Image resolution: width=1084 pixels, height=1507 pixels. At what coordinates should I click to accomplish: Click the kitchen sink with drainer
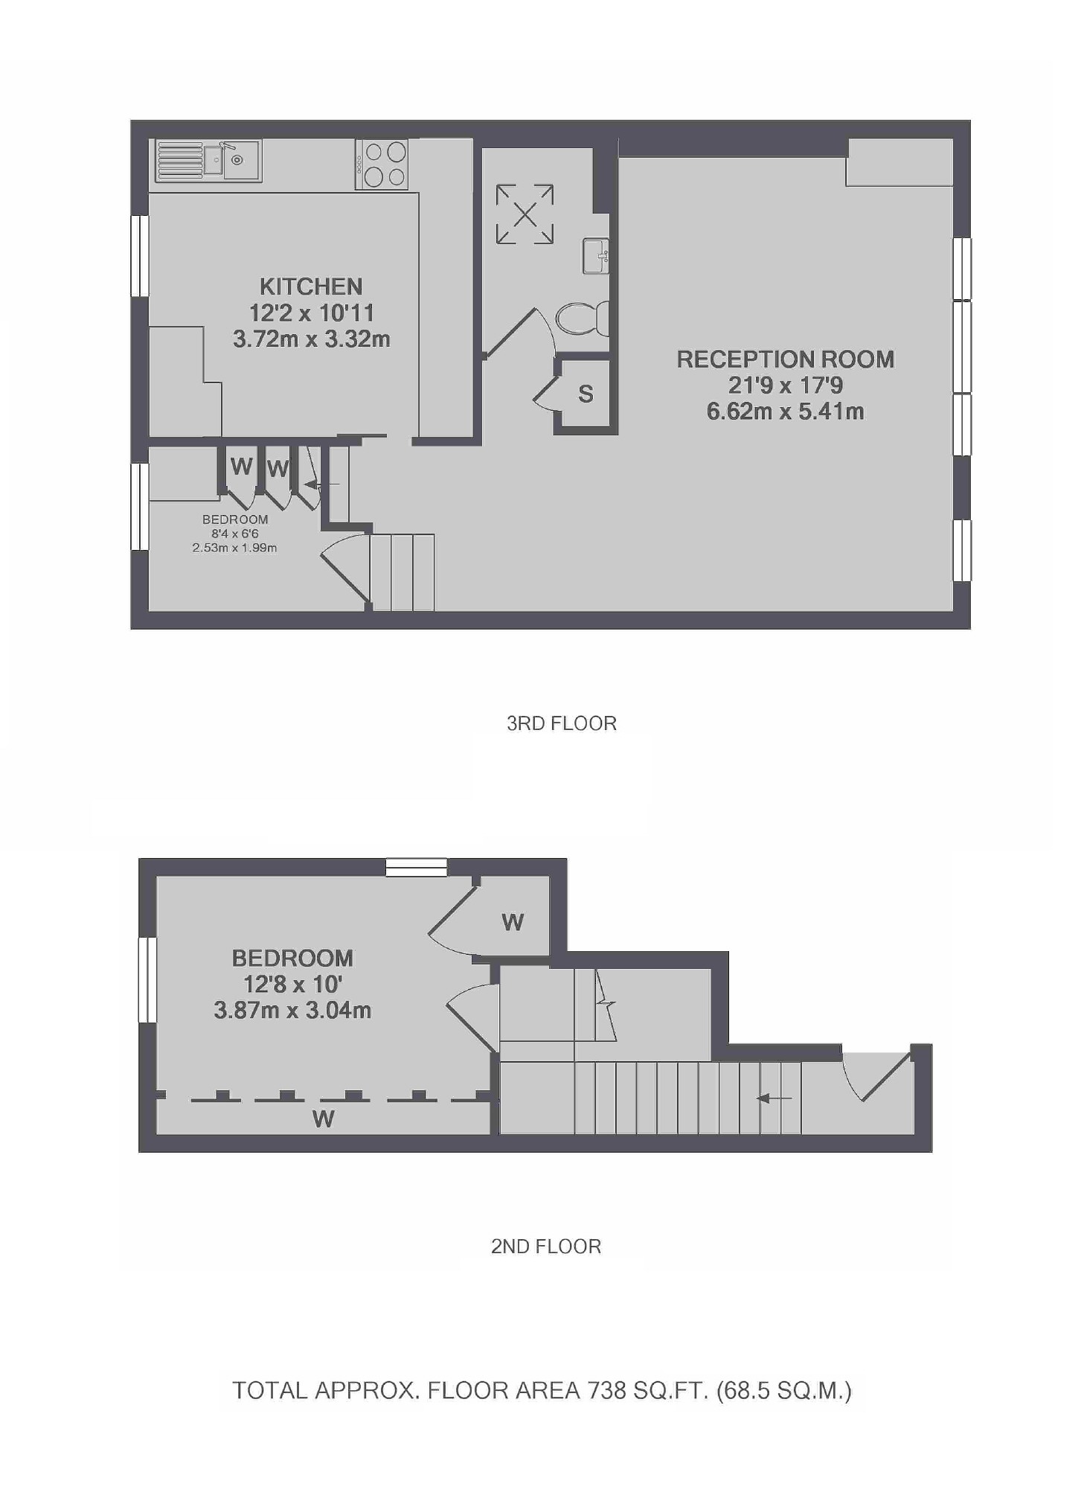tap(208, 160)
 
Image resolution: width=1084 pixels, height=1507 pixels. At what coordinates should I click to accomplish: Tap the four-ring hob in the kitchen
tap(381, 164)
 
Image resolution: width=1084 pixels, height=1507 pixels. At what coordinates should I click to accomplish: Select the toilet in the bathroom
tap(583, 319)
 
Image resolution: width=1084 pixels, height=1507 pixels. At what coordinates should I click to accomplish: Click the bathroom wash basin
tap(595, 255)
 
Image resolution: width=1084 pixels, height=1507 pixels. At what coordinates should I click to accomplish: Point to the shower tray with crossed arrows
tap(525, 214)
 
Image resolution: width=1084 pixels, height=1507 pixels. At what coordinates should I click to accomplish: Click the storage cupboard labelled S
tap(586, 394)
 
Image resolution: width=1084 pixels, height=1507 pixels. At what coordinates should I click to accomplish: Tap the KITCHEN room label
tap(311, 287)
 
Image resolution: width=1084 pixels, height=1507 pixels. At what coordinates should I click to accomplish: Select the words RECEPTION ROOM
tap(784, 359)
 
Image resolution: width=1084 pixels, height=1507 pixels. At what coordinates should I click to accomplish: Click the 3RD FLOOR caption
tap(561, 723)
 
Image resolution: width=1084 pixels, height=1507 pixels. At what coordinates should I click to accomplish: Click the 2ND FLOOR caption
tap(545, 1247)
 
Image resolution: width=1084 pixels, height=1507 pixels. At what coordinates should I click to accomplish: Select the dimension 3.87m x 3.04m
tap(292, 1010)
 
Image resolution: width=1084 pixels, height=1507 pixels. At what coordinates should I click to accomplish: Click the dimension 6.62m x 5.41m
tap(784, 411)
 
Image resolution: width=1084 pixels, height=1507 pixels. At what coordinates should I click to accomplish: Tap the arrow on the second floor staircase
tap(774, 1098)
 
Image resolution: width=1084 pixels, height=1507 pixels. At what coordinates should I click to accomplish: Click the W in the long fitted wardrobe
tap(323, 1119)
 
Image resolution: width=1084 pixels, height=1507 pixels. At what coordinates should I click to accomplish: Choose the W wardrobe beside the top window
tap(513, 922)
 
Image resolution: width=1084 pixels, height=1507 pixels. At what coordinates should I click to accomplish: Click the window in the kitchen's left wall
tap(139, 255)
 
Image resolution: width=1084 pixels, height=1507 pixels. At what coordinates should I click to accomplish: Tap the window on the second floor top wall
tap(416, 867)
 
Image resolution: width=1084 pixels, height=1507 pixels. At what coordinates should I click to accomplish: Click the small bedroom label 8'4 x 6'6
tap(234, 534)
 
